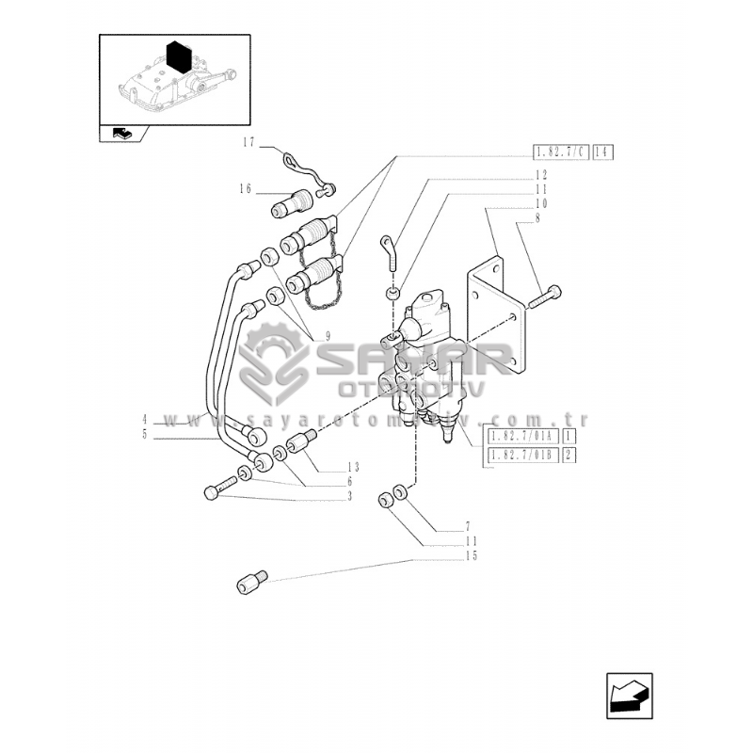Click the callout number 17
pos(248,143)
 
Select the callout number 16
pos(245,189)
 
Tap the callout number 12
pos(540,175)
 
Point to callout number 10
pos(540,203)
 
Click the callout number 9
pos(327,336)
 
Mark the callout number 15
pos(471,556)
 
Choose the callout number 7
pos(467,526)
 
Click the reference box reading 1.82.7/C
pos(560,152)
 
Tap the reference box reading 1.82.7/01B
pos(521,457)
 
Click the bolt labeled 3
pos(218,490)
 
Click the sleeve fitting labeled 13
pos(298,441)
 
